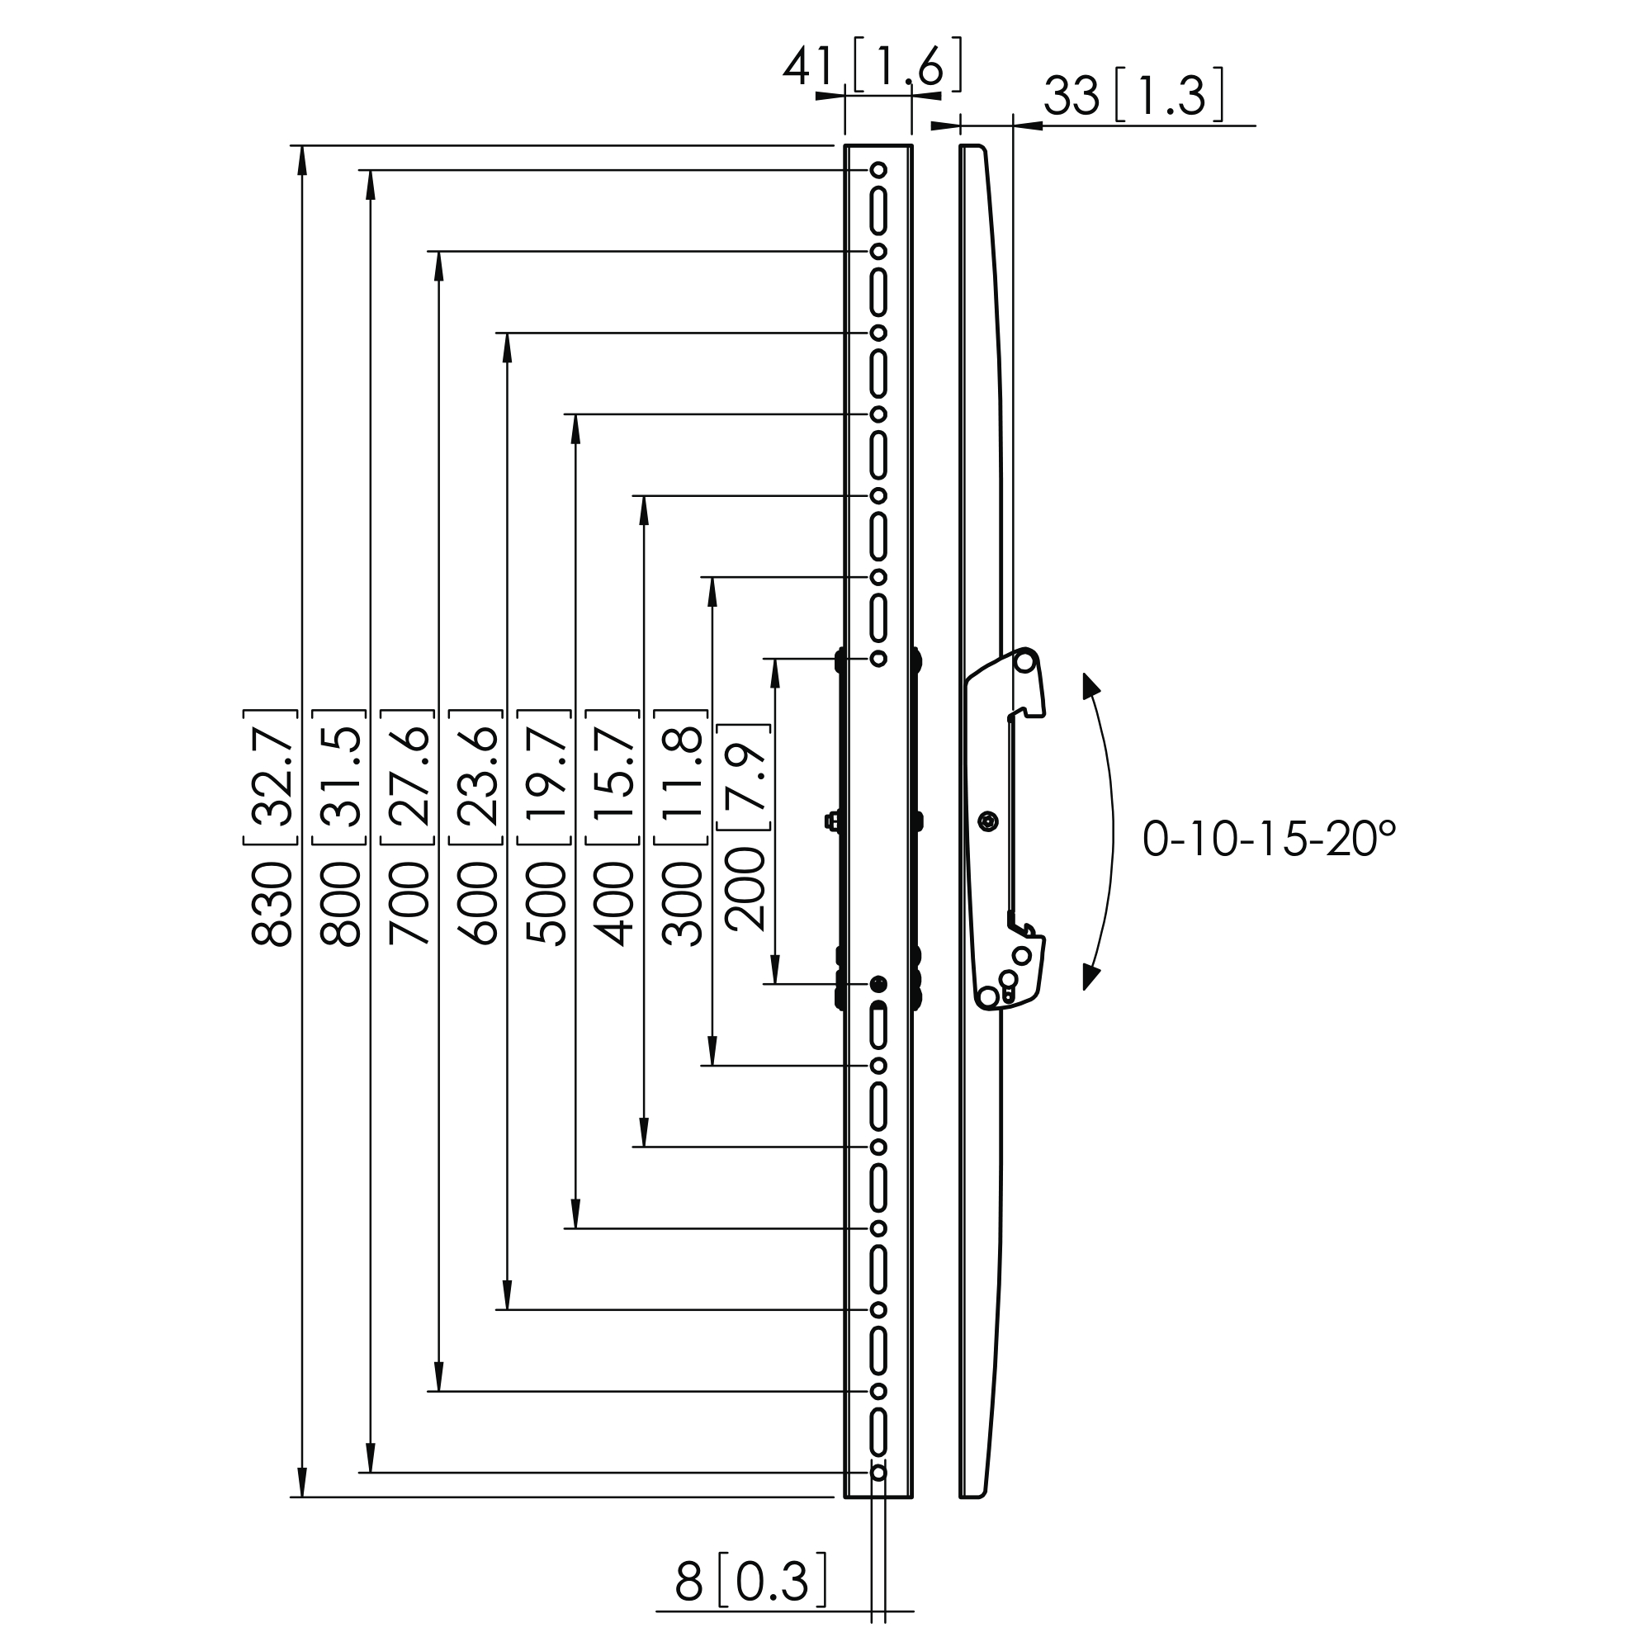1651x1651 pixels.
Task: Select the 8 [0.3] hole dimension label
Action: click(751, 1582)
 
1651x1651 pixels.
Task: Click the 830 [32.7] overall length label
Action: click(272, 827)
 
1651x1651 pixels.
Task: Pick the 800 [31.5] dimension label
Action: click(341, 827)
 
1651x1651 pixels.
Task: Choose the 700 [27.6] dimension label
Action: click(409, 827)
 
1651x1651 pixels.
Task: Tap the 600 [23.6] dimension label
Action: click(477, 827)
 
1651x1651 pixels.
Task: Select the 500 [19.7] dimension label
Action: click(545, 827)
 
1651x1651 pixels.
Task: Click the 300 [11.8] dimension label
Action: click(682, 827)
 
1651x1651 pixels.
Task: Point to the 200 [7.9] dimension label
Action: click(745, 827)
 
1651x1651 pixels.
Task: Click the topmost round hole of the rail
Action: click(878, 170)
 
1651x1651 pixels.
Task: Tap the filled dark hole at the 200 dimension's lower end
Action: click(878, 985)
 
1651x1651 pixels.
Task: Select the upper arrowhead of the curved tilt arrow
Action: click(1090, 687)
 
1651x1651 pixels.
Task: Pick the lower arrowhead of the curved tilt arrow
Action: click(1090, 976)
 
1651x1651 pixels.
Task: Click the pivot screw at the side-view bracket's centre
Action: click(989, 821)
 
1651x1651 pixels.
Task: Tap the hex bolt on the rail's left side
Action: click(830, 821)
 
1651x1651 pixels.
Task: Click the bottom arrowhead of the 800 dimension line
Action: click(370, 1458)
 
